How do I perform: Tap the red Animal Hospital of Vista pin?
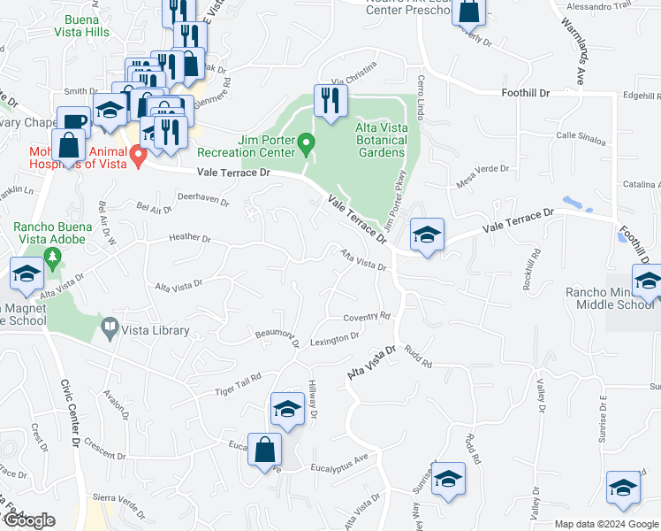[x=138, y=157]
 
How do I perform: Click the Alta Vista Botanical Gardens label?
[x=381, y=140]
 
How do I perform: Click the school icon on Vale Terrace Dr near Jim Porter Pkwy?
[x=427, y=235]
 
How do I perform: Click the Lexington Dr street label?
[x=334, y=337]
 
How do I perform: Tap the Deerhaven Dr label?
[x=203, y=201]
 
